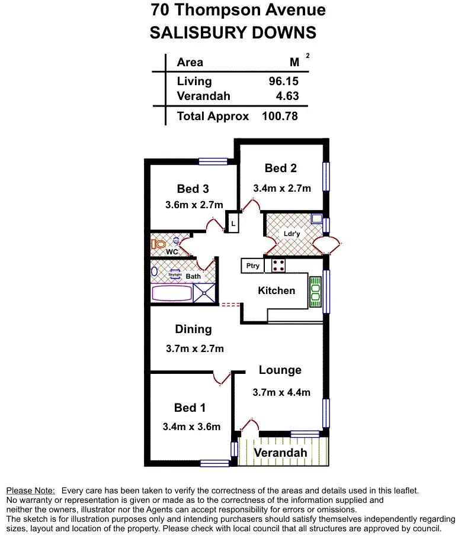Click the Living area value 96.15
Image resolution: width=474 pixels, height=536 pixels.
pyautogui.click(x=283, y=82)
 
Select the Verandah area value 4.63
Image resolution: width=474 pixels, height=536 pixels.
pyautogui.click(x=287, y=96)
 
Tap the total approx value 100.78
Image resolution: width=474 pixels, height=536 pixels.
pyautogui.click(x=280, y=116)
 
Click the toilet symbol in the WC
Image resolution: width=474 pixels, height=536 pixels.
pyautogui.click(x=158, y=244)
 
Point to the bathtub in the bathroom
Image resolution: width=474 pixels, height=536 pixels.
pyautogui.click(x=172, y=293)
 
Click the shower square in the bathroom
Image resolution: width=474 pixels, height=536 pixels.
pyautogui.click(x=204, y=293)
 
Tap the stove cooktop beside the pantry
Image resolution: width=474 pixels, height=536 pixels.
pyautogui.click(x=278, y=266)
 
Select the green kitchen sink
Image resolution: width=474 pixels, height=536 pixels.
pyautogui.click(x=316, y=292)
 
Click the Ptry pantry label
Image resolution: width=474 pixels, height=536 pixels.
pyautogui.click(x=252, y=266)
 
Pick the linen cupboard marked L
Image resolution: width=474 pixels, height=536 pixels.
pyautogui.click(x=233, y=224)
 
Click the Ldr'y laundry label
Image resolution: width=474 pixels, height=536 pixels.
pyautogui.click(x=292, y=234)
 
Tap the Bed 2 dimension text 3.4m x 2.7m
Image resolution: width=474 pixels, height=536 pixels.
pyautogui.click(x=282, y=188)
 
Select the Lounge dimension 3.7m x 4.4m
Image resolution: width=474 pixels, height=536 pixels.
pyautogui.click(x=281, y=392)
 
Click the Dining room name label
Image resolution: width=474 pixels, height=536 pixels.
pyautogui.click(x=193, y=329)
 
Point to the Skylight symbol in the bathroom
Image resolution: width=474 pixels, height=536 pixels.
pyautogui.click(x=175, y=275)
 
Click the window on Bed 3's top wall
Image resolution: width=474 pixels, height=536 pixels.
pyautogui.click(x=213, y=162)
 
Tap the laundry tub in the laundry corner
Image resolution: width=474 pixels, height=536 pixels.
pyautogui.click(x=317, y=219)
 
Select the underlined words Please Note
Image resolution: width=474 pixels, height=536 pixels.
pyautogui.click(x=30, y=491)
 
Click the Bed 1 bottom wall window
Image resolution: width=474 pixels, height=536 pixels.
pyautogui.click(x=214, y=463)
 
